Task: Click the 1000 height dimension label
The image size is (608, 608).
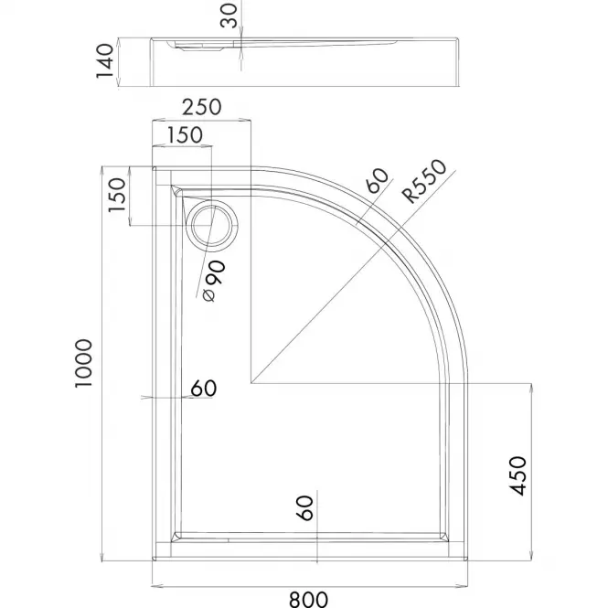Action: (x=84, y=363)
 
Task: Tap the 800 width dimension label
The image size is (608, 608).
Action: (x=309, y=599)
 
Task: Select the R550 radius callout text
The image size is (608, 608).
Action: (x=424, y=181)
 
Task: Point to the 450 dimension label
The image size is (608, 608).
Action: (x=517, y=475)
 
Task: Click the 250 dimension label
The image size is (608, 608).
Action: (x=202, y=107)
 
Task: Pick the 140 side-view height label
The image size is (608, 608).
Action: (x=105, y=61)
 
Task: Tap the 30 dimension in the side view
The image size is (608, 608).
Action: (x=229, y=16)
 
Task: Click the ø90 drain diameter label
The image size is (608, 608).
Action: (x=214, y=281)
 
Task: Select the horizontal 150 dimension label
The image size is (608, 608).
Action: (x=185, y=135)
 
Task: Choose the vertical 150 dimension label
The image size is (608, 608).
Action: (x=118, y=195)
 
